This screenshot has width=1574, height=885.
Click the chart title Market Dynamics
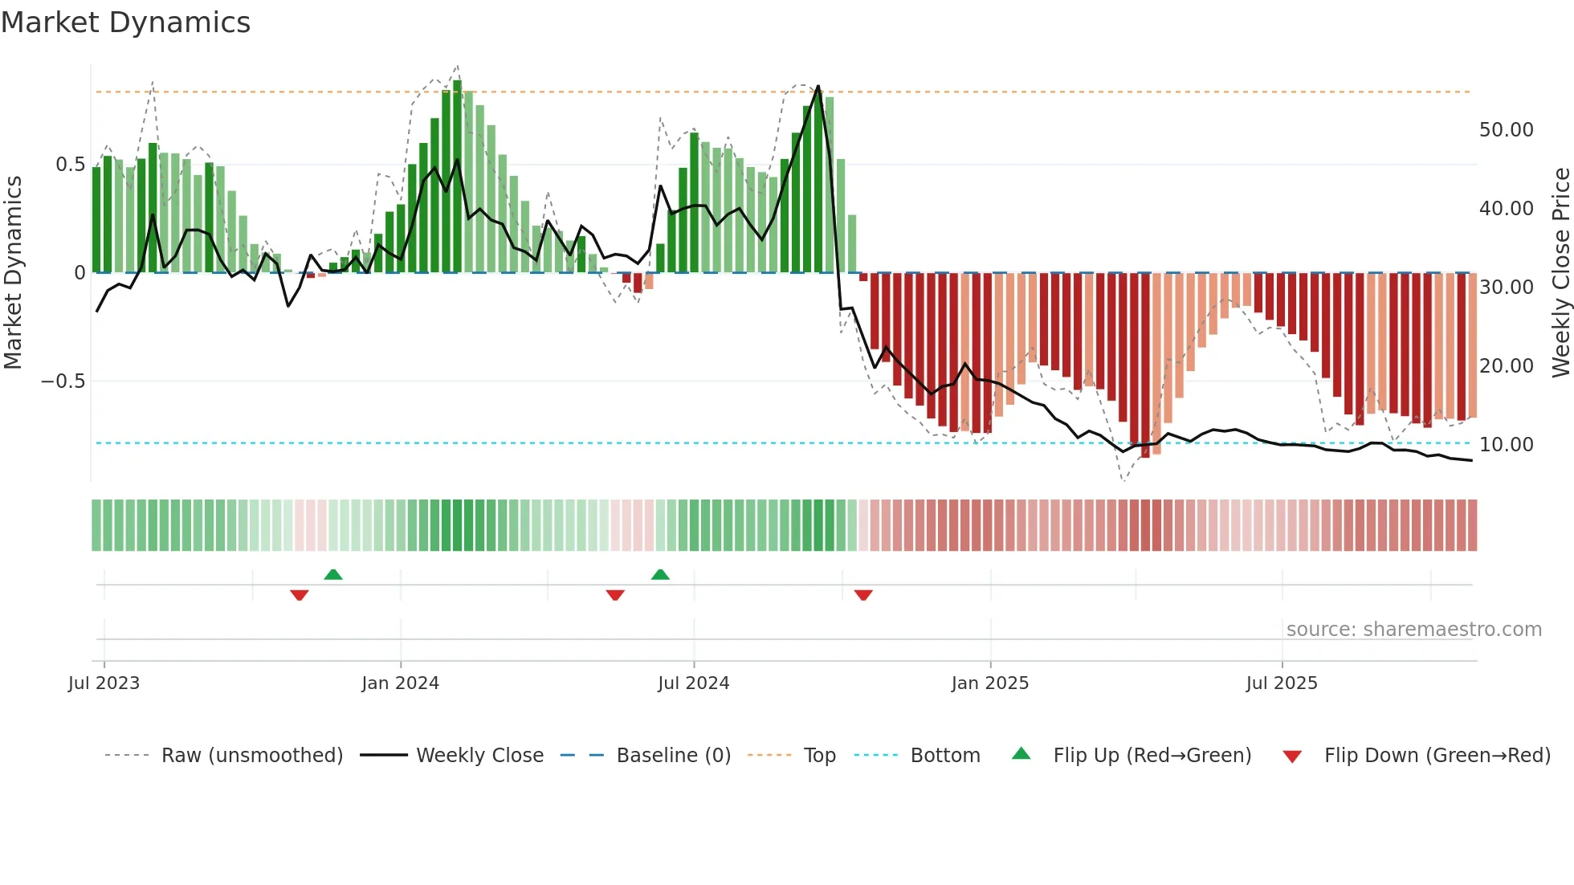126,22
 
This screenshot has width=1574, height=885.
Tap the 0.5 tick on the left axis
70,165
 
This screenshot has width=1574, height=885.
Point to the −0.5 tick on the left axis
63,381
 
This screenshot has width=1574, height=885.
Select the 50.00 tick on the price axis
1506,130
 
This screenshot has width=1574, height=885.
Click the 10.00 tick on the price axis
1506,444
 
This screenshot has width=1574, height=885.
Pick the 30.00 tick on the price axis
1506,287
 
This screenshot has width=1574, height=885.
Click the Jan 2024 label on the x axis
400,683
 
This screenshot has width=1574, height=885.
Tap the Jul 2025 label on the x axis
1282,683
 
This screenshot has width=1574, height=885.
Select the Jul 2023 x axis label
104,683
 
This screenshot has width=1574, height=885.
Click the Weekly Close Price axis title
1560,273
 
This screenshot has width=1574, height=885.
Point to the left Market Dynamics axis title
14,273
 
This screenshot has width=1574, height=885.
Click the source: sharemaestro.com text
1413,630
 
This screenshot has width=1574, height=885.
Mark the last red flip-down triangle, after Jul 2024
863,595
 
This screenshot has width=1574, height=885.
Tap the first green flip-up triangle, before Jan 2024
333,574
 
